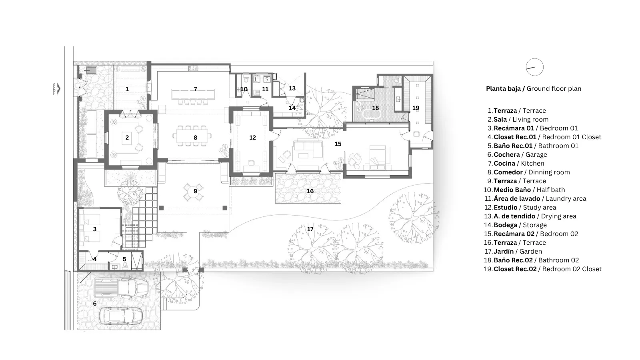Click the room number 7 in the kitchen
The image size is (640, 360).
[x=196, y=89]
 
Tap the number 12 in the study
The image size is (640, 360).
[x=252, y=138]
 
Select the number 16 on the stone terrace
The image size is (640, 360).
[x=310, y=191]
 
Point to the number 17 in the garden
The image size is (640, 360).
[x=310, y=229]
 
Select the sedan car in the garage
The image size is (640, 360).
[x=121, y=316]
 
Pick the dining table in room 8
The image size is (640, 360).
[x=193, y=137]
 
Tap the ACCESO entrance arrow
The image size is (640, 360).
[x=58, y=88]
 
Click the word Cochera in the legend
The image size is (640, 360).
[x=506, y=154]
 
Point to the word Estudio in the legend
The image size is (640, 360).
[x=506, y=208]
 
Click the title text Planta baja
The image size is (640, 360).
[x=504, y=88]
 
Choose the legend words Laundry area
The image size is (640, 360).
[x=566, y=198]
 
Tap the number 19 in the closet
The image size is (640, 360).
[x=416, y=108]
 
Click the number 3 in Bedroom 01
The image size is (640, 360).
[x=95, y=229]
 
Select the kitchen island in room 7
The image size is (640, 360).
[x=193, y=94]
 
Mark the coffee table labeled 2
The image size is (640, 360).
[x=127, y=138]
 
